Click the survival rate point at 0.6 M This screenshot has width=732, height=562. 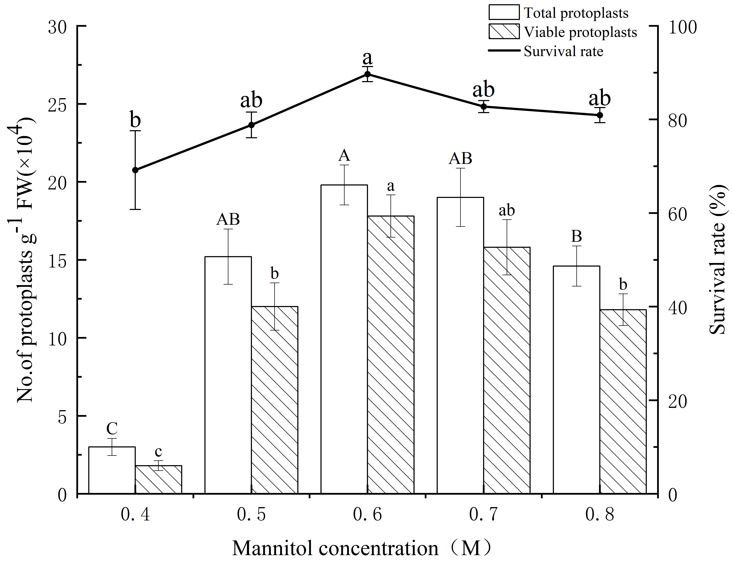(367, 74)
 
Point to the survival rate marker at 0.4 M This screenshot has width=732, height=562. (135, 170)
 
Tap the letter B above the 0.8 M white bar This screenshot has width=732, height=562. (576, 236)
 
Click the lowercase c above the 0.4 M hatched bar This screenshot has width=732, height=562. (158, 452)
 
